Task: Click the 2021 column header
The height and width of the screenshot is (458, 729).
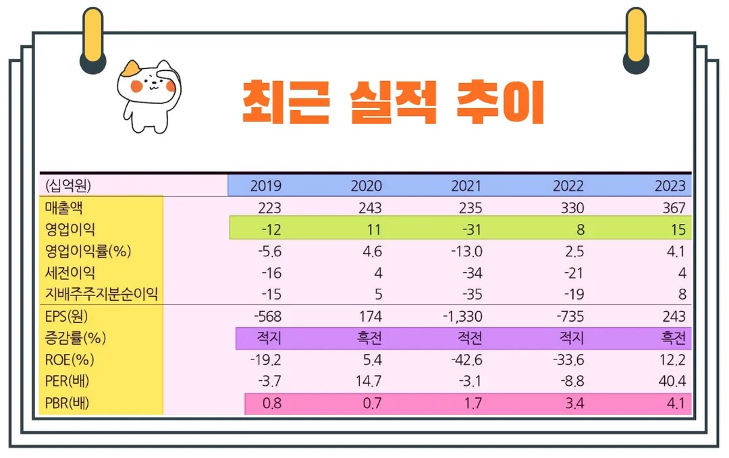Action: (x=466, y=186)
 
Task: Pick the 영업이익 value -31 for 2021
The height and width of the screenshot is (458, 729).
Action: (x=471, y=229)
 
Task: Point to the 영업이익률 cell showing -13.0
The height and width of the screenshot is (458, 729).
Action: (x=466, y=252)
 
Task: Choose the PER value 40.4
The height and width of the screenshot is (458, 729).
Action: (x=672, y=381)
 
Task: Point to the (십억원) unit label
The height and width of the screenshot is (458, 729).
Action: (x=68, y=185)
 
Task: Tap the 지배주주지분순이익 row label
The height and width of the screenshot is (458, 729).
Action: (x=101, y=294)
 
